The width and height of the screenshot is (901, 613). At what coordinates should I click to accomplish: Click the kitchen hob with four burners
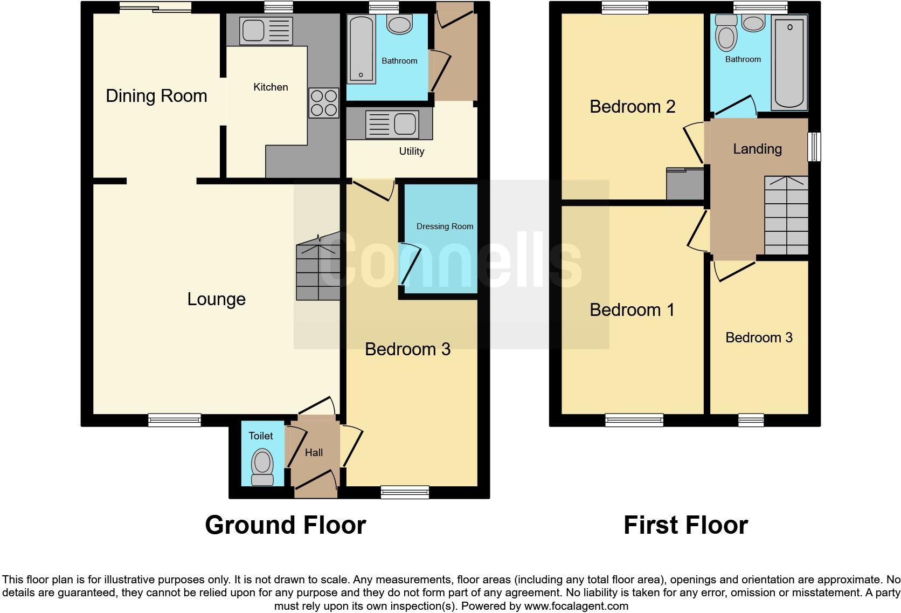click(x=323, y=102)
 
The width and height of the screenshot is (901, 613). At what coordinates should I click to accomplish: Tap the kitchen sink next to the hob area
click(x=259, y=31)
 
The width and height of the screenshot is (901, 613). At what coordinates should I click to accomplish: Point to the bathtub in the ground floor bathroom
click(x=361, y=49)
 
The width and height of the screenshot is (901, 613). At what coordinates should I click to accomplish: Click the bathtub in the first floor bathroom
click(x=789, y=62)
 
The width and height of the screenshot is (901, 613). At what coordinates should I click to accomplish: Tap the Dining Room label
click(x=156, y=96)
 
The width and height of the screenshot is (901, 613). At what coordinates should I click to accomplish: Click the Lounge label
click(x=216, y=299)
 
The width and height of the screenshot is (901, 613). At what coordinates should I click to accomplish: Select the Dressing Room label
click(x=445, y=226)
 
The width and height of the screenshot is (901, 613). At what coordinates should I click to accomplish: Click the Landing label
click(x=757, y=149)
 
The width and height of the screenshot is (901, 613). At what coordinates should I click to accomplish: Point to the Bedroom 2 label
click(x=632, y=107)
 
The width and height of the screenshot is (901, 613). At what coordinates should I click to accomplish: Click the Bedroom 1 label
click(x=632, y=310)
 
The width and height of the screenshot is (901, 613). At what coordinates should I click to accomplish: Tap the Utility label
click(x=411, y=151)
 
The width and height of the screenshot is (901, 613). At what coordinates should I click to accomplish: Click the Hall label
click(x=314, y=453)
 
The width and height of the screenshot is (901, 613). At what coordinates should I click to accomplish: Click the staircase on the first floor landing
click(x=786, y=216)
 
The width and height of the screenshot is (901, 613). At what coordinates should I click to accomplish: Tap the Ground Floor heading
click(x=285, y=525)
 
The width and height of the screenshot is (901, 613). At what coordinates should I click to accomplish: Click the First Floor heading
click(x=685, y=525)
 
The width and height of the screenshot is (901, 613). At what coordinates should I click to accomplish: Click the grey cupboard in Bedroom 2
click(x=685, y=184)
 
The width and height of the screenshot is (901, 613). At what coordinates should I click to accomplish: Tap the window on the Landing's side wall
click(x=814, y=147)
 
